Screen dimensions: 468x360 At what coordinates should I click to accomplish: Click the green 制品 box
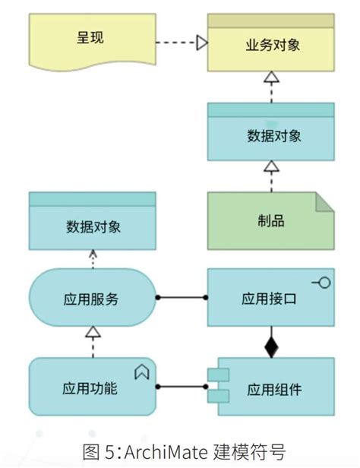(271, 221)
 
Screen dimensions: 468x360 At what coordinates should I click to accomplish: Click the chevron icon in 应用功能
(141, 372)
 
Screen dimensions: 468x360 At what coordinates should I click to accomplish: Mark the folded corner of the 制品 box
(324, 201)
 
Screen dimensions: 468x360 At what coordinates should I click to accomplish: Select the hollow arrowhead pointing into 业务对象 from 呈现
(201, 43)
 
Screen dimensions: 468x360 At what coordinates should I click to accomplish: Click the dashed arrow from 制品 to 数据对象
(271, 176)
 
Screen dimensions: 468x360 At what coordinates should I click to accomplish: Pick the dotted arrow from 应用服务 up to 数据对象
(92, 259)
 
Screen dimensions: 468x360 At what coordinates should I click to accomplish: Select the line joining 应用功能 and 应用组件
(182, 387)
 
